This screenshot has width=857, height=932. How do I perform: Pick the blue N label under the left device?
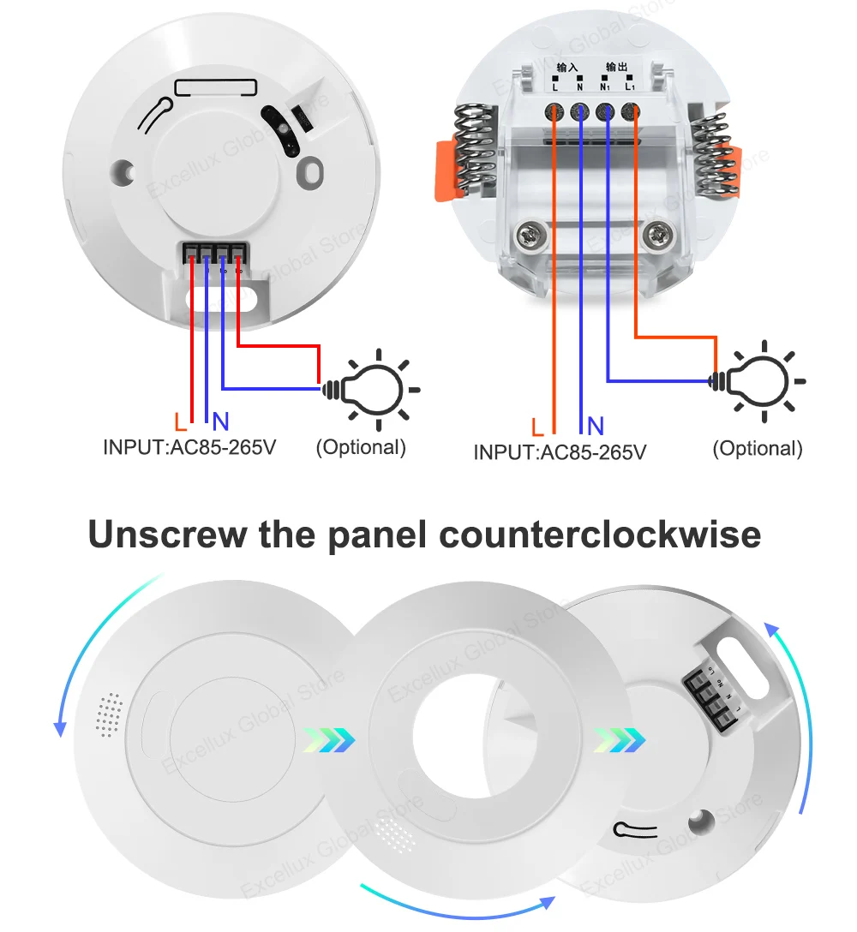(221, 421)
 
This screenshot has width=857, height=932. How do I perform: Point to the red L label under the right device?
(537, 426)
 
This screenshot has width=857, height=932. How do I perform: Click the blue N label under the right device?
(596, 426)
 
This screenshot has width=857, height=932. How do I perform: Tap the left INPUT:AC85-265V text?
(189, 447)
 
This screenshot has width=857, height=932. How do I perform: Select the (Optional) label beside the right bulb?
(758, 448)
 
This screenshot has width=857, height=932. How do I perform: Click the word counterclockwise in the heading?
(599, 535)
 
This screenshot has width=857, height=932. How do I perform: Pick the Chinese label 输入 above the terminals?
(567, 67)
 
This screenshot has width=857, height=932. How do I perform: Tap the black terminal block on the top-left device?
(215, 253)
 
